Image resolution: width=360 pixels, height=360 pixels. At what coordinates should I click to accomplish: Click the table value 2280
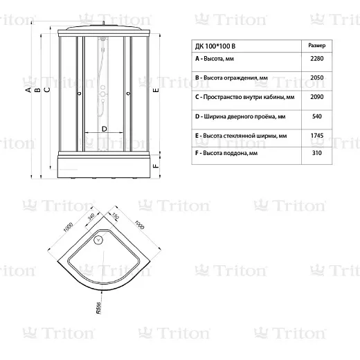coord(316,59)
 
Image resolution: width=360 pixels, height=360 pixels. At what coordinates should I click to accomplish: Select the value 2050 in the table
coord(316,78)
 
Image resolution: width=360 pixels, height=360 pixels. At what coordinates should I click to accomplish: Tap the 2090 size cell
coord(316,97)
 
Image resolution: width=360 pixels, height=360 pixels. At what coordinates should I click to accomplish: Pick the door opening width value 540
coord(317,116)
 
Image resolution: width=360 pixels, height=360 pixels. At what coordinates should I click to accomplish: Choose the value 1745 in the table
coord(316,136)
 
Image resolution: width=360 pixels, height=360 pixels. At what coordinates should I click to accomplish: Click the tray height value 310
coord(317,153)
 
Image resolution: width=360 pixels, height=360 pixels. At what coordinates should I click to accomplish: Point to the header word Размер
coord(317,46)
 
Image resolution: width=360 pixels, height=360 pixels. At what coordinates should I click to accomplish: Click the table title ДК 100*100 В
coord(215,46)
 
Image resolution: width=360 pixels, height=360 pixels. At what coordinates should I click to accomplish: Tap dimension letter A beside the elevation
coord(28,90)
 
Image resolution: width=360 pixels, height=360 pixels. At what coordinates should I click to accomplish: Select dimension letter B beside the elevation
coord(37,90)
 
